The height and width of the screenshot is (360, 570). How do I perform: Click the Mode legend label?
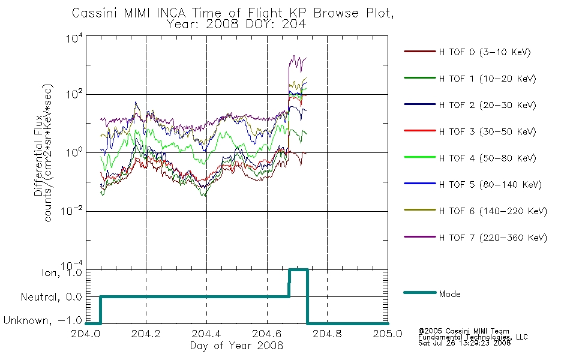[449, 294]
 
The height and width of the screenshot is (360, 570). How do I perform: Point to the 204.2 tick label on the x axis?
[146, 334]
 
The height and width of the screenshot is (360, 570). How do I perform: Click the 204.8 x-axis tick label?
[327, 334]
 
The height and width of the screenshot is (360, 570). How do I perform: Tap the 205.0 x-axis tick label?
[388, 334]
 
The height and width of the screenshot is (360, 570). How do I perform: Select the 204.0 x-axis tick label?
[85, 334]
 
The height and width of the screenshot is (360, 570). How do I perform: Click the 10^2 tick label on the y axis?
[74, 94]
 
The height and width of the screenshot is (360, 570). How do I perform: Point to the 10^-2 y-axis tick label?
[71, 211]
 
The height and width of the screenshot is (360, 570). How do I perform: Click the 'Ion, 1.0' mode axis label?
[62, 272]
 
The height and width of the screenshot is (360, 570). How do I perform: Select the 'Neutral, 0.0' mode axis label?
[51, 297]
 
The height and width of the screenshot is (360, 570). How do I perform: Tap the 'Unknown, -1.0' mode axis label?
[43, 320]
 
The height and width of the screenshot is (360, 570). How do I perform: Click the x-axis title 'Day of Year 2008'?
[236, 346]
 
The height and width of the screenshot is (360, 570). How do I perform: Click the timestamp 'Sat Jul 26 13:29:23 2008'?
[464, 343]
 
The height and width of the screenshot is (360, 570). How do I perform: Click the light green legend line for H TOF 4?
[420, 157]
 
